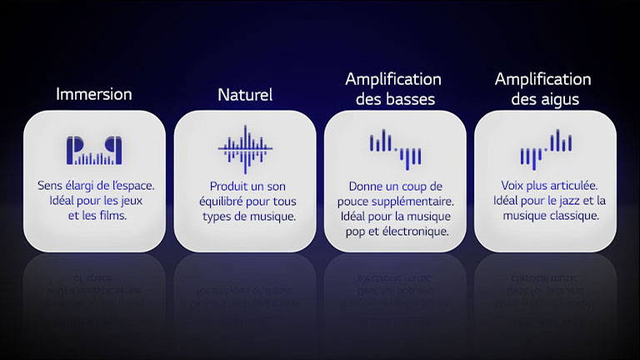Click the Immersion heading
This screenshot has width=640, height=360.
pyautogui.click(x=94, y=94)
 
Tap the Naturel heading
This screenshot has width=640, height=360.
pyautogui.click(x=245, y=94)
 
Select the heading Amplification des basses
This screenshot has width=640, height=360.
pyautogui.click(x=393, y=88)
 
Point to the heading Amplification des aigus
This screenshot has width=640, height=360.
pyautogui.click(x=542, y=88)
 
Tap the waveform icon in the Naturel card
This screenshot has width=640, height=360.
pyautogui.click(x=245, y=147)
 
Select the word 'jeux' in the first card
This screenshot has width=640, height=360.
pyautogui.click(x=138, y=201)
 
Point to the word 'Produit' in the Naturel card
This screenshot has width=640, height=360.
pyautogui.click(x=228, y=186)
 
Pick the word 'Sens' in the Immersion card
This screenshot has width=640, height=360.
pyautogui.click(x=50, y=186)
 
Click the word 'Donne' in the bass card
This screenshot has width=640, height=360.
pyautogui.click(x=366, y=186)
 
